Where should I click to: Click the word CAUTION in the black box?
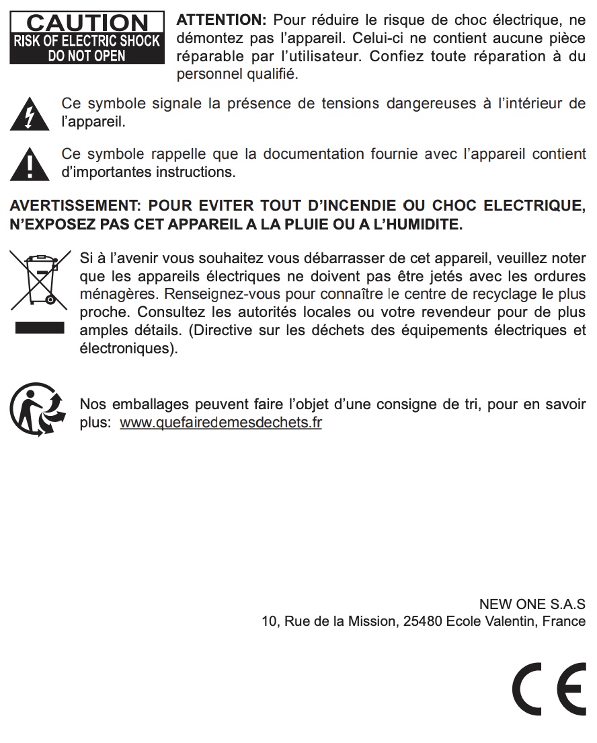pyautogui.click(x=87, y=24)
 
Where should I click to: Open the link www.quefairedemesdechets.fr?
pyautogui.click(x=221, y=423)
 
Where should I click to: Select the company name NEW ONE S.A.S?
pyautogui.click(x=532, y=604)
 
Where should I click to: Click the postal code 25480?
pyautogui.click(x=422, y=621)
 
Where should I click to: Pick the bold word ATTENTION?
pyautogui.click(x=221, y=20)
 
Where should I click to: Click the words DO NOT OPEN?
pyautogui.click(x=87, y=56)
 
